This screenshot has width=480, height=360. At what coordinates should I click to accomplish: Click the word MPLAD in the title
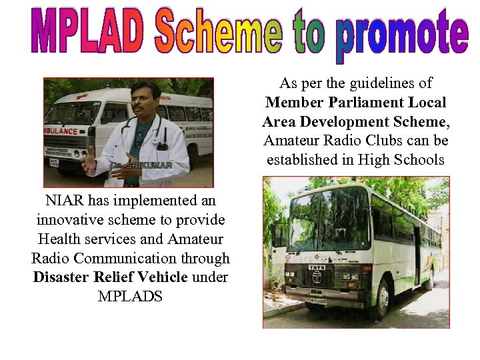88,32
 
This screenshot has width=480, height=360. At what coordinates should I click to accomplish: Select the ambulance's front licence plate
54,162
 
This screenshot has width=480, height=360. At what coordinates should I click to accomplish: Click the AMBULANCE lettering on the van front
61,131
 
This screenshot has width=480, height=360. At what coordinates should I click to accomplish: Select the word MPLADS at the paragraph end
130,296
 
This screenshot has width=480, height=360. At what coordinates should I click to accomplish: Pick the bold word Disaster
62,277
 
